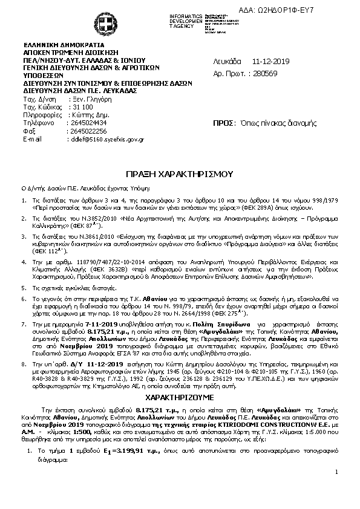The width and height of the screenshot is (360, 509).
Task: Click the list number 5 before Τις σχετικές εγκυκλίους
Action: click(24, 289)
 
